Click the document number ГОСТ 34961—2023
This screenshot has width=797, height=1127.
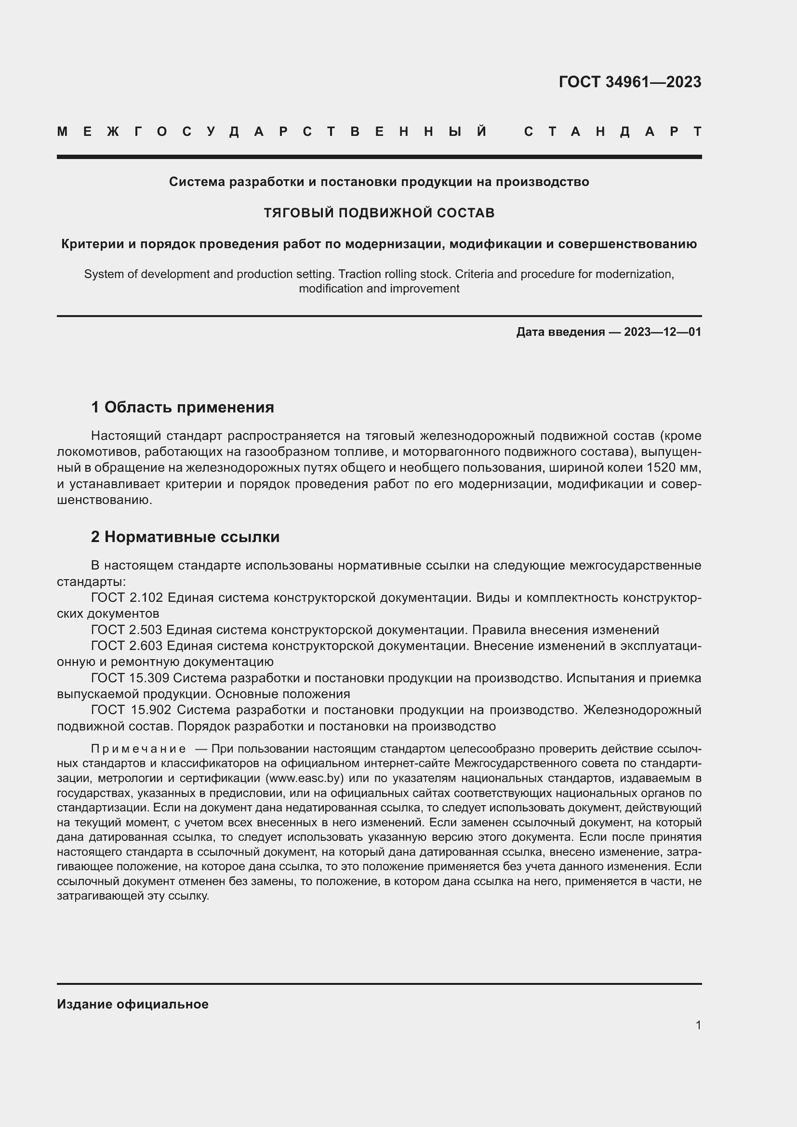(630, 82)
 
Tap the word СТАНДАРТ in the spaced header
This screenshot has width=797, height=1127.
(613, 132)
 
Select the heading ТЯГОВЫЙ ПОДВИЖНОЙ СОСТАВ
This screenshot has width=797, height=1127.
(379, 213)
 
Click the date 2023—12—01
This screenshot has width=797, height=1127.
(662, 332)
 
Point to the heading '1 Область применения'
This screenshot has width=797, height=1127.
(183, 407)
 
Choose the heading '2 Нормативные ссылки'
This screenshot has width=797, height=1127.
(185, 537)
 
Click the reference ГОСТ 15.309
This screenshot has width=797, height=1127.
(131, 678)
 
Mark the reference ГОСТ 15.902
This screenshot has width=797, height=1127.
(131, 710)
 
